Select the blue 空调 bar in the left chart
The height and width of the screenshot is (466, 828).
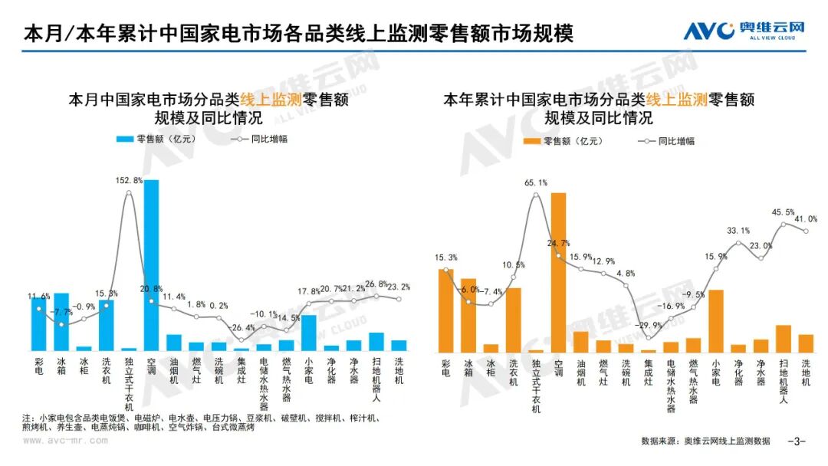point(152,265)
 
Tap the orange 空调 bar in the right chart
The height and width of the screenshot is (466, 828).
point(558,272)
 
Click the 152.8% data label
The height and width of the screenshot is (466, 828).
point(129,180)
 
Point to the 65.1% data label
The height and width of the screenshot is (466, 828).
point(535,183)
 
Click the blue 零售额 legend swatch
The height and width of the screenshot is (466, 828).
point(124,139)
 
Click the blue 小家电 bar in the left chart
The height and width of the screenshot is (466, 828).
point(309,333)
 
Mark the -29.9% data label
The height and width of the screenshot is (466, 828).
point(649,325)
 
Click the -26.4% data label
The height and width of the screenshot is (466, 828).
point(242,328)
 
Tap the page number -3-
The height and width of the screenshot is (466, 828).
point(798,441)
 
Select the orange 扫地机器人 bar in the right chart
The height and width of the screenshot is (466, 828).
point(783,338)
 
